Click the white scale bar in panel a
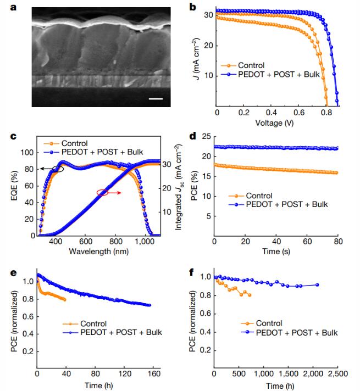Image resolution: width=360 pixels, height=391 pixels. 156,99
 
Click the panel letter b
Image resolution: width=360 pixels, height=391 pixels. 192,7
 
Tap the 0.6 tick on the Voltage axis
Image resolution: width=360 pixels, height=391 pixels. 299,113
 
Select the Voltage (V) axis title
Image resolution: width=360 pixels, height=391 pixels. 274,123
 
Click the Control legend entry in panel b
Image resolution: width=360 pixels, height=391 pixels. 242,65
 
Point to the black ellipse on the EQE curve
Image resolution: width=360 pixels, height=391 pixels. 58,169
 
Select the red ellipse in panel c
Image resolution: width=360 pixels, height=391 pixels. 102,192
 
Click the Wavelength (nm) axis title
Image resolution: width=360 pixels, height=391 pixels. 99,251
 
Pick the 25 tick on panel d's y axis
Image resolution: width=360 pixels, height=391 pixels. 207,136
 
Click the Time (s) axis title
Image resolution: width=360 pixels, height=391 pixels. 276,251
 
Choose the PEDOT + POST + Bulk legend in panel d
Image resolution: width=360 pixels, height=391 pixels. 278,204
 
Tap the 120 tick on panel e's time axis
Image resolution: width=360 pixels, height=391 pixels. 125,373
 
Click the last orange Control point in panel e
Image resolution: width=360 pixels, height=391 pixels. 65,299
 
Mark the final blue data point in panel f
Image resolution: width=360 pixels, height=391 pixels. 317,285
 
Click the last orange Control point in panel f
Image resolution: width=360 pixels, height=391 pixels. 250,295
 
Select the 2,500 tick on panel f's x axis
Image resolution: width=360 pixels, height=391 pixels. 338,373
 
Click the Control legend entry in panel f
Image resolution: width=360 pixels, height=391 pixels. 262,323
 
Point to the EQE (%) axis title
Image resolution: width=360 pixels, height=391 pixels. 14,186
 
